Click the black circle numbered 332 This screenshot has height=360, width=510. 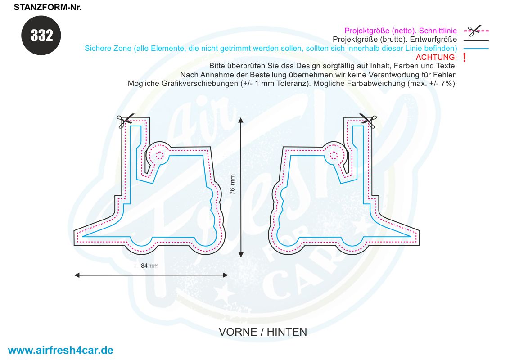(x=41, y=35)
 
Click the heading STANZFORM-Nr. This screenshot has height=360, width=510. (x=47, y=7)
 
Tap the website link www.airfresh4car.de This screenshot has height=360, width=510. (x=60, y=350)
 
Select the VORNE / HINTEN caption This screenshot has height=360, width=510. (x=263, y=332)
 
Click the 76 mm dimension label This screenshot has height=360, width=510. (x=232, y=184)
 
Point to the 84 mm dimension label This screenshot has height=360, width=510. (x=149, y=265)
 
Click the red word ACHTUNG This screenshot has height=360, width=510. (x=436, y=57)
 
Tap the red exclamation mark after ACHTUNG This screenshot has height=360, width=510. (x=465, y=58)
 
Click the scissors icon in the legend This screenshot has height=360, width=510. (x=474, y=31)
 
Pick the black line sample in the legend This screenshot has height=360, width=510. (x=476, y=40)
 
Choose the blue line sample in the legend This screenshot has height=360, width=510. (x=476, y=49)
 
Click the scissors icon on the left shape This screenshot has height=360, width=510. (x=125, y=121)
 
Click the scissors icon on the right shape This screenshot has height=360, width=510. (x=368, y=121)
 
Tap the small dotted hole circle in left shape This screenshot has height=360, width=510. (x=159, y=155)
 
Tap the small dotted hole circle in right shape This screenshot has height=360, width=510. (x=334, y=155)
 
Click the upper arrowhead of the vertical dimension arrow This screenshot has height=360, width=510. (x=241, y=120)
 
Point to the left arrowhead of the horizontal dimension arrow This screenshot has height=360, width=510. (x=77, y=275)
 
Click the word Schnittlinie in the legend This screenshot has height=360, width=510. (x=438, y=31)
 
